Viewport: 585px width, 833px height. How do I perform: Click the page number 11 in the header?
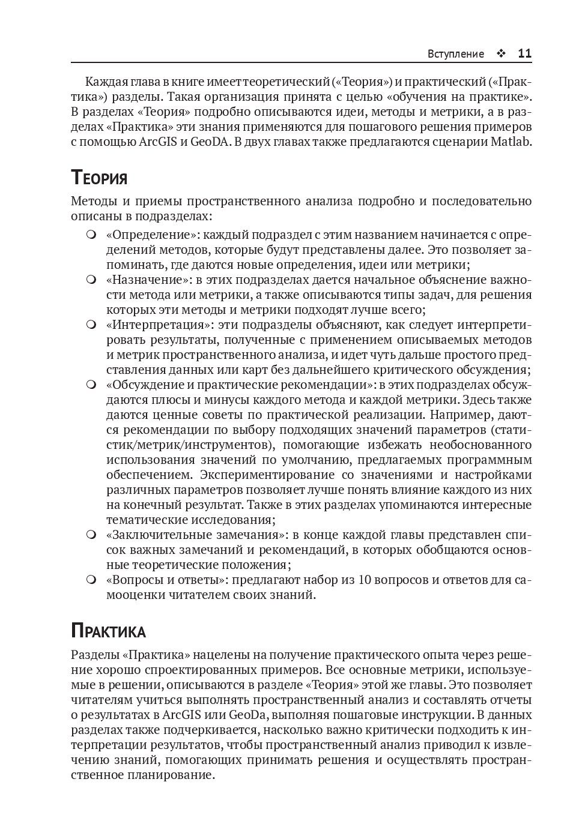524,53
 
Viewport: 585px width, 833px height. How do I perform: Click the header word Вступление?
455,54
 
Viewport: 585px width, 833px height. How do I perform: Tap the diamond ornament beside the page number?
501,53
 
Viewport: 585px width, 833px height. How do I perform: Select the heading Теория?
99,178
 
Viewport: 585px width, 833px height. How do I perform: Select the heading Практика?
108,631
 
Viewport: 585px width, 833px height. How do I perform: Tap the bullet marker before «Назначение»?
91,280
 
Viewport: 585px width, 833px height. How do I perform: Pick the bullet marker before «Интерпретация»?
91,325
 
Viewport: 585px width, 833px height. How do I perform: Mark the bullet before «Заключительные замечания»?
91,534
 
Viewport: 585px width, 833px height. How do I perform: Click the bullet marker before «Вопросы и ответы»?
91,580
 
